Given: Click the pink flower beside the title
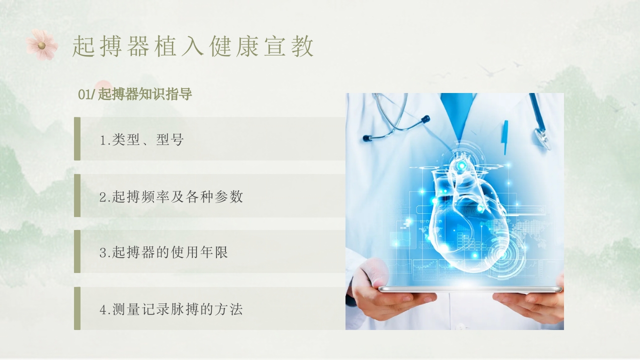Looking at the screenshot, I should coord(42,45).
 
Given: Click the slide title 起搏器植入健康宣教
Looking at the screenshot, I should coord(193,46).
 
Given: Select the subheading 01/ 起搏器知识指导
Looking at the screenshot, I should coord(135,94).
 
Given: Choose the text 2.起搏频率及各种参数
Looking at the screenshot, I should coord(171,196).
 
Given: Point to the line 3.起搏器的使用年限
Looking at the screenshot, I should coord(163,252).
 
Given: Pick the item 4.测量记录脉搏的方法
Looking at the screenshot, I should coord(171,309).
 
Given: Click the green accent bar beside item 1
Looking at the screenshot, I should coord(77,139).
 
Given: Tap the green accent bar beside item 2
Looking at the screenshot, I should coord(77,195).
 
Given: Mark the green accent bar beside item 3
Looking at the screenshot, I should coord(77,251).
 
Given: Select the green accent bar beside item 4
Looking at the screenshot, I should coord(77,308).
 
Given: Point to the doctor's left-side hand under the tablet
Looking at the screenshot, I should coord(385,295).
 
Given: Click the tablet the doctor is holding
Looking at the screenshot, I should coord(470,289).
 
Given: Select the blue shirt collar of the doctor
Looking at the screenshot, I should coord(456,112).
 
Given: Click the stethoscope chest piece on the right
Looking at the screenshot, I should coord(542,137).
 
